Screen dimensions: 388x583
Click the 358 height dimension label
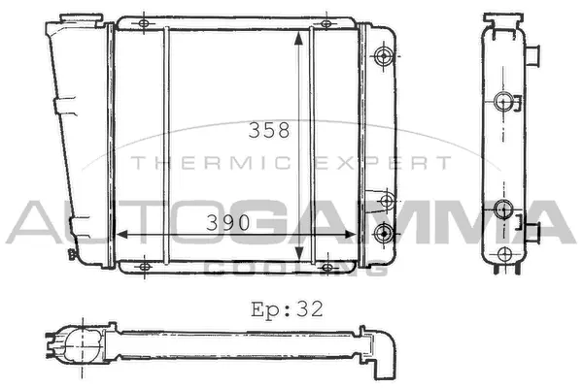269,131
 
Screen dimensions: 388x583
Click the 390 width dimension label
229,223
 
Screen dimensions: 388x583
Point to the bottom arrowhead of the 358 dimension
298,259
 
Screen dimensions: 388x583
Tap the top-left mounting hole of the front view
143,22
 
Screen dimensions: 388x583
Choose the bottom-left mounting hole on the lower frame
144,267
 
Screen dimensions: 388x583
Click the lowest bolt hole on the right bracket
386,232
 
